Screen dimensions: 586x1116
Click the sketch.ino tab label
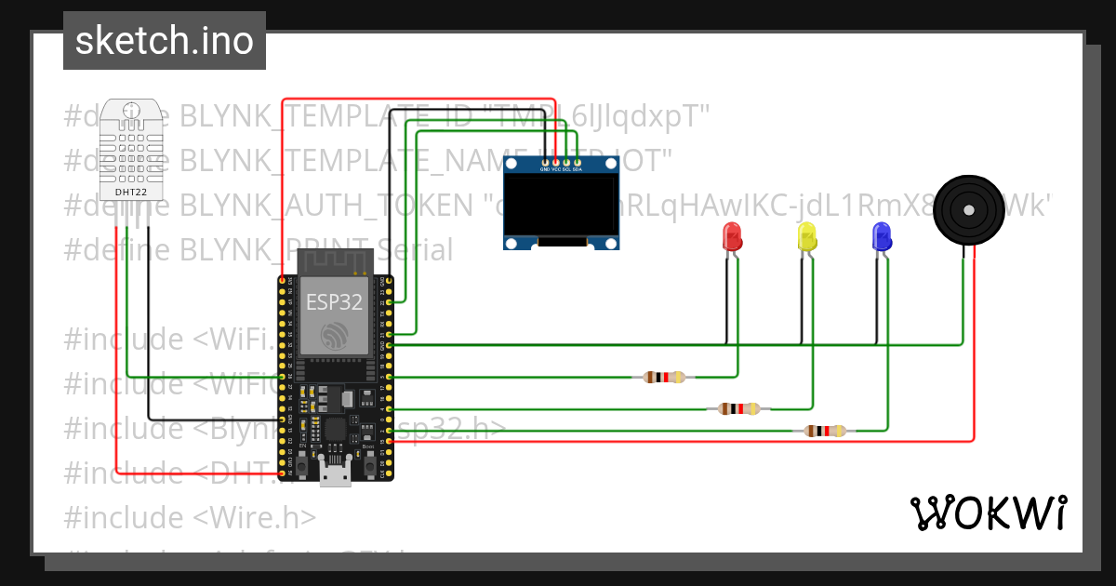[x=165, y=41]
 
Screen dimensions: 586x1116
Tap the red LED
[x=732, y=236]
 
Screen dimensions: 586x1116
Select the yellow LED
[x=806, y=236]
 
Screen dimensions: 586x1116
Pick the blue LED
[x=881, y=236]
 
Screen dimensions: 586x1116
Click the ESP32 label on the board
[x=334, y=300]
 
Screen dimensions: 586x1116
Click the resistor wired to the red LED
[x=664, y=377]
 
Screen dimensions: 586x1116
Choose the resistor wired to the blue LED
[x=824, y=430]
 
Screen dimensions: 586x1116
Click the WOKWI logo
[x=988, y=513]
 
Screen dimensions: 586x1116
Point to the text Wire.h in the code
[x=272, y=516]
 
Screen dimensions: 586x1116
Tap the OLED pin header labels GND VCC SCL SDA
[x=561, y=169]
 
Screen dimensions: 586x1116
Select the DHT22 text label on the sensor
[x=130, y=193]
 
